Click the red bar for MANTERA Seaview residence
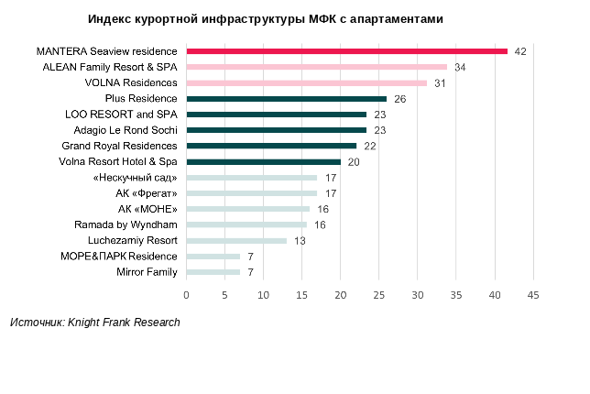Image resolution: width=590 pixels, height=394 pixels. [x=346, y=51]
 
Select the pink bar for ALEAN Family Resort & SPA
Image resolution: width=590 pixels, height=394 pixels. [x=316, y=67]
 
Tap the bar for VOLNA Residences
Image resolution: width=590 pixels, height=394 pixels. [x=306, y=82]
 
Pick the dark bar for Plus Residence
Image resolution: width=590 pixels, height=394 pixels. [x=286, y=98]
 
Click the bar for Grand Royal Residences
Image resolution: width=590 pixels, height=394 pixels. [x=271, y=146]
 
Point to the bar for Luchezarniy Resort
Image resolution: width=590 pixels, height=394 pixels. [x=236, y=240]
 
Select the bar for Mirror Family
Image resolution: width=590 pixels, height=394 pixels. [x=213, y=272]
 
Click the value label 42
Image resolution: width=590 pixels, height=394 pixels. [x=520, y=51]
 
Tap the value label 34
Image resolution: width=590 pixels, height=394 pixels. [x=460, y=67]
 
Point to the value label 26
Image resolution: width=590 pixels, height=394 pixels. [x=399, y=98]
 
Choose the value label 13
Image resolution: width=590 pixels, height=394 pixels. [x=300, y=240]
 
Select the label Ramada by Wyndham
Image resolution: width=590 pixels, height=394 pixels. [x=126, y=224]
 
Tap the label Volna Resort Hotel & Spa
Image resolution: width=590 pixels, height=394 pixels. [x=119, y=161]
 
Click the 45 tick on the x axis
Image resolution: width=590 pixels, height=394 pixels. [x=532, y=295]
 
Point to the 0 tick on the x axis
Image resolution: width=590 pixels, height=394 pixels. [x=186, y=295]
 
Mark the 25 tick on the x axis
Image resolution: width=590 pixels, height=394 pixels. [x=378, y=295]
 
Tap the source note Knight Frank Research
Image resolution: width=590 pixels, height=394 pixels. [x=95, y=323]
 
